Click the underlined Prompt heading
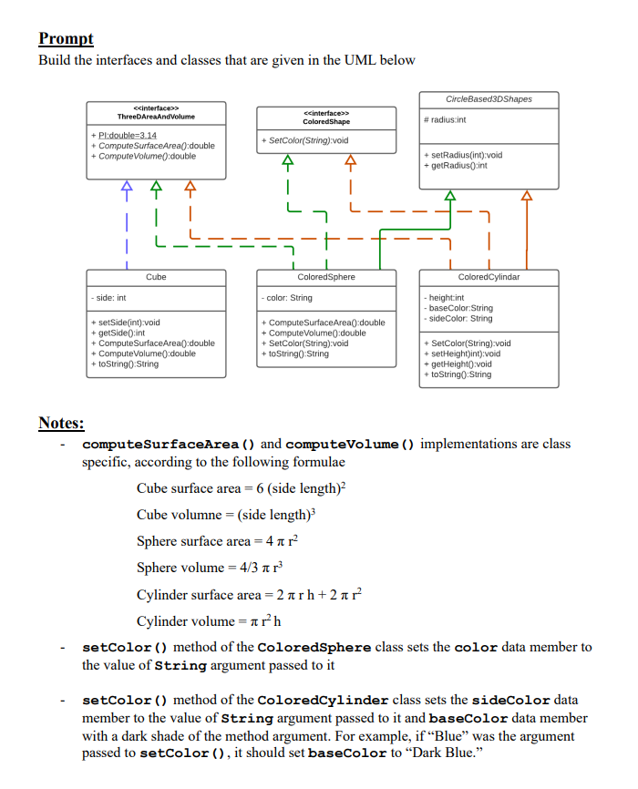pyautogui.click(x=66, y=38)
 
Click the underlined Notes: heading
pyautogui.click(x=61, y=423)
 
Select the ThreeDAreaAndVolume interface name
pyautogui.click(x=156, y=117)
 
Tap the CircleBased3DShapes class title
pyautogui.click(x=489, y=98)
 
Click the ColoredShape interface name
pyautogui.click(x=326, y=121)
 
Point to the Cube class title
pyautogui.click(x=156, y=276)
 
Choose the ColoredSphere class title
pyautogui.click(x=326, y=276)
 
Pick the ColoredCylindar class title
pyautogui.click(x=489, y=276)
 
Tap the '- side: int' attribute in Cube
pyautogui.click(x=109, y=297)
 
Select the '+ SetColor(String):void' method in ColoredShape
pyautogui.click(x=304, y=140)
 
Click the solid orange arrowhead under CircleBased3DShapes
pyautogui.click(x=526, y=195)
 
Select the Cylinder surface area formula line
pyautogui.click(x=250, y=594)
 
